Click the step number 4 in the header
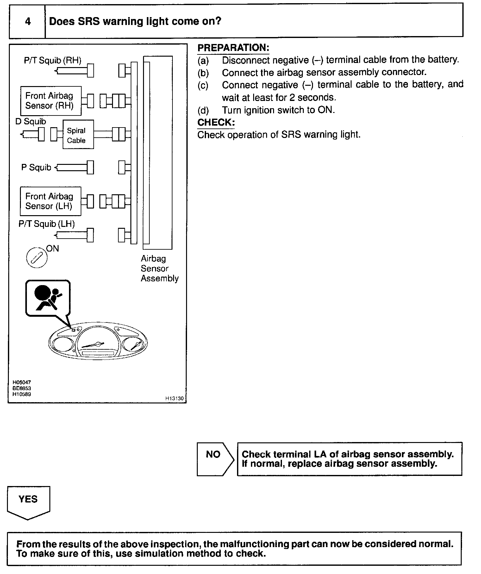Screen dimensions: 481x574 28,22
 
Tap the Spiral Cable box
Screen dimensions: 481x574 78,134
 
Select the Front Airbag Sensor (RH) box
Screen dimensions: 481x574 51,101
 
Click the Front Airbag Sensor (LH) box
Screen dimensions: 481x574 51,201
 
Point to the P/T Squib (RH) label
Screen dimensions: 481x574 53,60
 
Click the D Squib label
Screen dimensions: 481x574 31,122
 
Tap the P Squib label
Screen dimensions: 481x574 36,167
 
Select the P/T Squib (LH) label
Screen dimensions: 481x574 47,224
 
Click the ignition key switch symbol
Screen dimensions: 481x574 37,258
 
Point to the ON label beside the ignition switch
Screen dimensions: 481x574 53,249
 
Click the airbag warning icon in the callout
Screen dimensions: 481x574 48,298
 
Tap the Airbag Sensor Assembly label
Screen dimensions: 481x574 160,269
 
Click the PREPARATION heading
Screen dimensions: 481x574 233,48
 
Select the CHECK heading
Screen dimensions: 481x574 216,122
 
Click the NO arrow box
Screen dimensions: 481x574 215,459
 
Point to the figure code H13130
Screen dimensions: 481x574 174,399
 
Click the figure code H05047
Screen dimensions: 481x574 22,383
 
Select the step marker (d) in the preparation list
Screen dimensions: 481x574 203,110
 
